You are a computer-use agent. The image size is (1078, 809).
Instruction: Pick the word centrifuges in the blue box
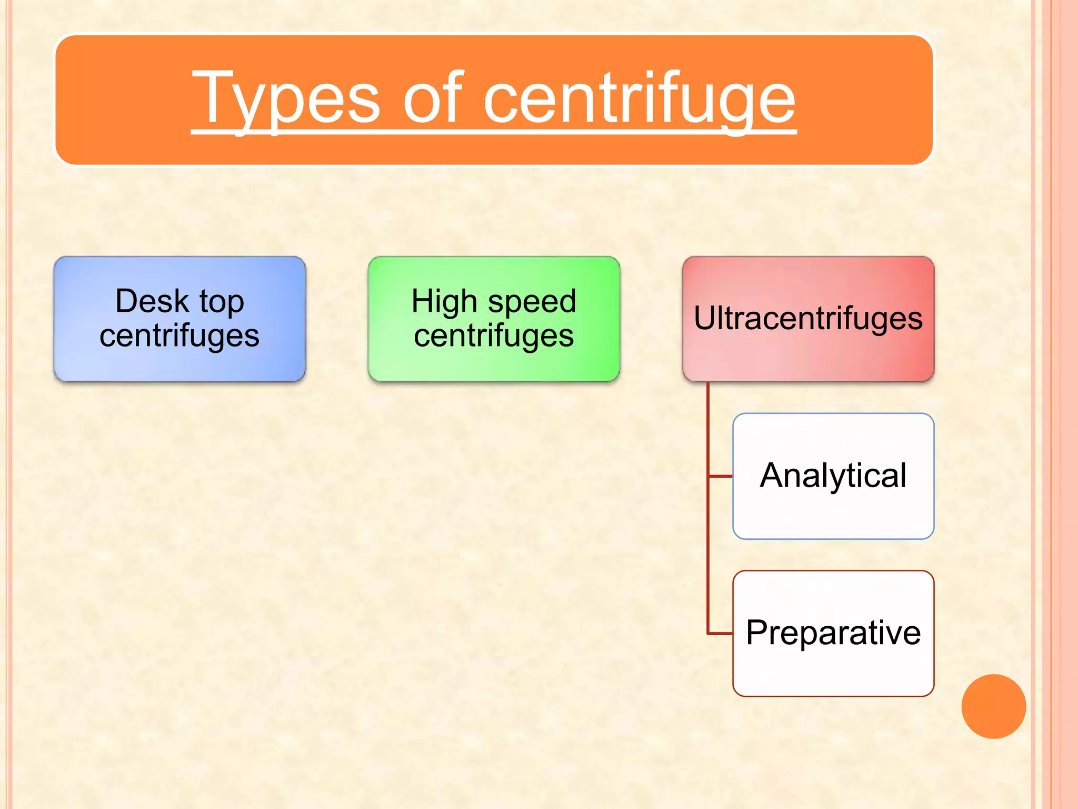pyautogui.click(x=179, y=336)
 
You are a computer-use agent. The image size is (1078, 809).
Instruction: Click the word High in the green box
pyautogui.click(x=444, y=302)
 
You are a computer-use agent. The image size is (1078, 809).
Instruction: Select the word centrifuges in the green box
pyautogui.click(x=494, y=336)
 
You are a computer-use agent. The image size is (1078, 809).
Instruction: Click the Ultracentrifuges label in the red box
pyautogui.click(x=808, y=318)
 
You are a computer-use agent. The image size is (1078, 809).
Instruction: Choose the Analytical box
pyautogui.click(x=833, y=476)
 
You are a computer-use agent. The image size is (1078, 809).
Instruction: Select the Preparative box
pyautogui.click(x=833, y=633)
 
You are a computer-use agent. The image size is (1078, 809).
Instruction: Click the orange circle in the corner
pyautogui.click(x=993, y=706)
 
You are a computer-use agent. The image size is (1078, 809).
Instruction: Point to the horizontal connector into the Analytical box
pyautogui.click(x=721, y=476)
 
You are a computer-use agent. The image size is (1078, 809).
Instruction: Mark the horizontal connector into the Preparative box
pyautogui.click(x=721, y=633)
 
